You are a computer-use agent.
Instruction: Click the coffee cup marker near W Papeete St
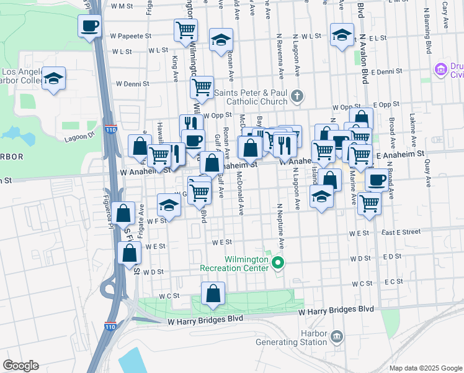[89, 26]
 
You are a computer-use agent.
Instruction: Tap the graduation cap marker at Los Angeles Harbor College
[54, 79]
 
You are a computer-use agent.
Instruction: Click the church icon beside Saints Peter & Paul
[297, 96]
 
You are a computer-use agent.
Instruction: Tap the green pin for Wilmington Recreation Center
[279, 264]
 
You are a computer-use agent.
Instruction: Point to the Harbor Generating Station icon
[336, 336]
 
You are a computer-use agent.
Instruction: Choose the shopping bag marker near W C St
[213, 294]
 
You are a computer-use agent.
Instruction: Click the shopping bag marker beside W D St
[129, 254]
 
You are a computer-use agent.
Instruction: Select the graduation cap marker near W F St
[169, 205]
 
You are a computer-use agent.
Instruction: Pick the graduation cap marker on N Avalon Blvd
[341, 35]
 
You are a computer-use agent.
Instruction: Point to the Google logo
[20, 366]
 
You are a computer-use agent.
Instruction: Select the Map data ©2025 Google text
[425, 368]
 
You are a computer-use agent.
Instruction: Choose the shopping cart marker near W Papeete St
[185, 30]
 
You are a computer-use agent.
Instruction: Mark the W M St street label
[122, 6]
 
